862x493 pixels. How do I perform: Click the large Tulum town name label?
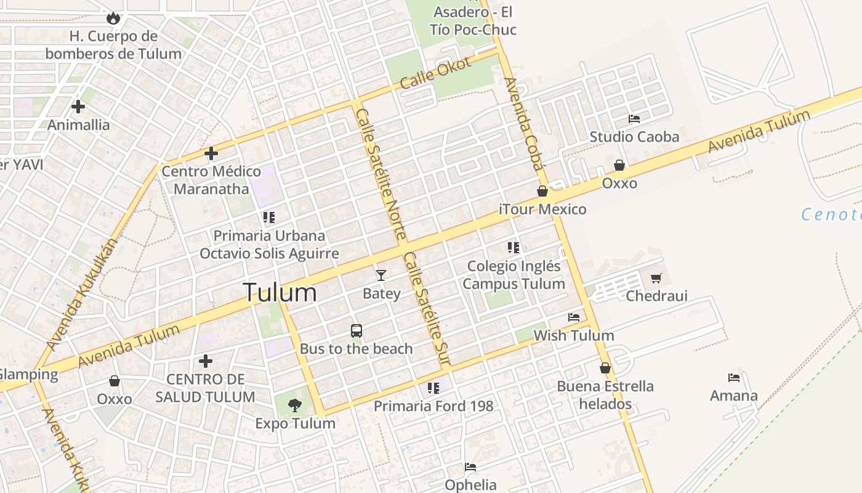point(280,292)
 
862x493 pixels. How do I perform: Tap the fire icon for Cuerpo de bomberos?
point(113,18)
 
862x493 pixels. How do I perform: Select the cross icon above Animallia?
point(78,107)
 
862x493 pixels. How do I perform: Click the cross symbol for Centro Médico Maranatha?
point(211,153)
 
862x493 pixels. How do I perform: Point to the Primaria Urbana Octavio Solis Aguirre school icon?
point(268,217)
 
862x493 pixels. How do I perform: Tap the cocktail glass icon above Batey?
point(381,275)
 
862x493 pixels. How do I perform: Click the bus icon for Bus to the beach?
point(356,330)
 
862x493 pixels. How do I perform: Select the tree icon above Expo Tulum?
point(295,405)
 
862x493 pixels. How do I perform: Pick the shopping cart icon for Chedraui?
point(656,279)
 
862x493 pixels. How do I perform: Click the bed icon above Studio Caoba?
point(634,118)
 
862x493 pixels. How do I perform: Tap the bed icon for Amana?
point(734,377)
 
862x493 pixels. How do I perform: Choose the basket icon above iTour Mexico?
point(542,191)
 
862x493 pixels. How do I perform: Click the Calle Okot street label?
point(435,73)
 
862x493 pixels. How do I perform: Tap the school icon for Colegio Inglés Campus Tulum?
point(514,248)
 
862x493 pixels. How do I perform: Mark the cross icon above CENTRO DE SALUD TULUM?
point(206,361)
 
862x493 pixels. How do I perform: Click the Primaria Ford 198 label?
point(433,406)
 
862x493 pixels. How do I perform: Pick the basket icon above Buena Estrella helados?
point(605,368)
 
